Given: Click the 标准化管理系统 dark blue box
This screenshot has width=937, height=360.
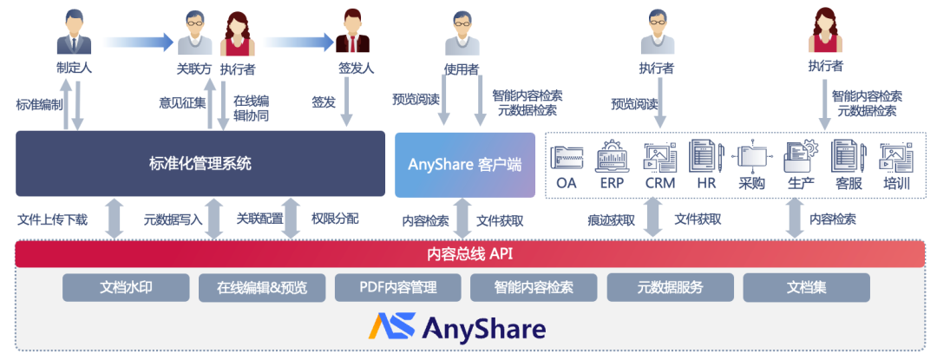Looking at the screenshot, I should coord(200,163).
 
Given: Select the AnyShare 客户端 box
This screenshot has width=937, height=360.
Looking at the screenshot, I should coord(465,164).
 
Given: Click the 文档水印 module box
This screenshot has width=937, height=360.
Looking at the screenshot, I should coord(126,288).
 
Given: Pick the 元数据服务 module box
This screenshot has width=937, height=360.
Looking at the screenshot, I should coord(670,288).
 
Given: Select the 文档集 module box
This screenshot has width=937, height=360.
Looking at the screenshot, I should coord(806,288).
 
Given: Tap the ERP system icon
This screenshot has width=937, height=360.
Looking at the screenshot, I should coord(613,156).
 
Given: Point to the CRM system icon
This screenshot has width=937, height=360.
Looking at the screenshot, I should coord(659,156).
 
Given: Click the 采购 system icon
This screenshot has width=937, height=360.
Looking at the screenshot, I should coord(751,156).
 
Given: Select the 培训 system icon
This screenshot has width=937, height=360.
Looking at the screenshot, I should coord(896,156).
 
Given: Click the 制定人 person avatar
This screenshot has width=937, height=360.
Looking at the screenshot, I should coord(75,34).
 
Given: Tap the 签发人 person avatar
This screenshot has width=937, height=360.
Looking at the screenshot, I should coord(351,33).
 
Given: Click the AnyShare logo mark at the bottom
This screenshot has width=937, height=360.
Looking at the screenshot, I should coord(390,327).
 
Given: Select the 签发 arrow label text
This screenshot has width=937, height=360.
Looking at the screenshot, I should coord(324,102).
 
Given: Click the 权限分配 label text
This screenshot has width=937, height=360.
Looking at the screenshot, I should coord(334,219).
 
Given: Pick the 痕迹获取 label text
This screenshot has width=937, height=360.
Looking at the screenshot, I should coord(611,219).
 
